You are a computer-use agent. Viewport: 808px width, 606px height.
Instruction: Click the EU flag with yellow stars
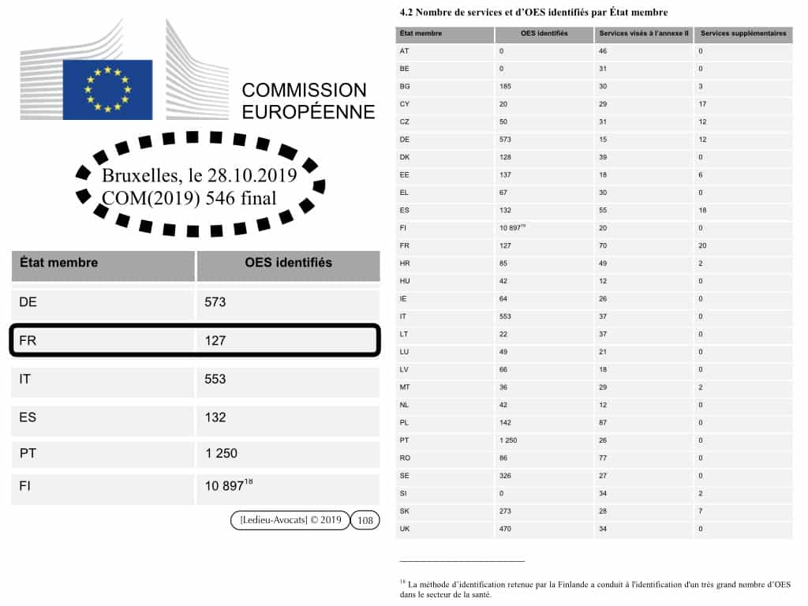107,89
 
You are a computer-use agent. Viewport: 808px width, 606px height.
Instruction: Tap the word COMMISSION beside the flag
304,90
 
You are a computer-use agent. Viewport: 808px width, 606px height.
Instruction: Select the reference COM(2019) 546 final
189,197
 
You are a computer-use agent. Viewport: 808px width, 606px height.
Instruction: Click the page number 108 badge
365,520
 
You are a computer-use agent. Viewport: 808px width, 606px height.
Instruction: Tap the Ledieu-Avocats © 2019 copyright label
290,520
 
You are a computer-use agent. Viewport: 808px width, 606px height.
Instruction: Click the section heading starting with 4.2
533,13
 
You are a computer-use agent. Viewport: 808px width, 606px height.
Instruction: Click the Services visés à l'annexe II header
643,34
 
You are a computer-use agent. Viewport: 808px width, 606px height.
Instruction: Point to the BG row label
405,86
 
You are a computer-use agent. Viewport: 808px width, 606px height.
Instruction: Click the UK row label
406,529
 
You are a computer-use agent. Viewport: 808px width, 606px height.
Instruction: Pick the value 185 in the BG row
506,86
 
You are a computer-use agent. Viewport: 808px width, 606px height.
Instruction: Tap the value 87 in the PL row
604,422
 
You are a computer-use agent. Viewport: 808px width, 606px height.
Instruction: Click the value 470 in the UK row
506,529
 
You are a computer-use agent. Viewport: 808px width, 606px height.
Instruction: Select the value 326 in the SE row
506,476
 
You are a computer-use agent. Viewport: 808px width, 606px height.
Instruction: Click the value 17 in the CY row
701,104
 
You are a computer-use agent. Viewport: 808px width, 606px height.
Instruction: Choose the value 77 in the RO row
604,458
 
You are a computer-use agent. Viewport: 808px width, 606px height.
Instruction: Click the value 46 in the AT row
604,50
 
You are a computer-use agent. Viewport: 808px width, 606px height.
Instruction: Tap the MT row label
405,387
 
